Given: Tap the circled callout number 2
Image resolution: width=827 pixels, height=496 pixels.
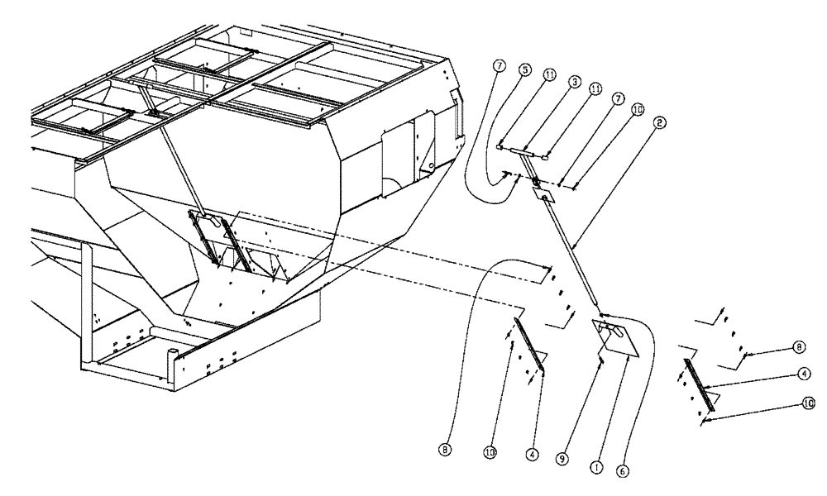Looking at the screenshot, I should point(658,122).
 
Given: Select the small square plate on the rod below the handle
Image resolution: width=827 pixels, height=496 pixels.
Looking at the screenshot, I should point(543,194).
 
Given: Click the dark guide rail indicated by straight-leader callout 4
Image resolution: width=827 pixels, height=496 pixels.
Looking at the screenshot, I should point(699,384).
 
